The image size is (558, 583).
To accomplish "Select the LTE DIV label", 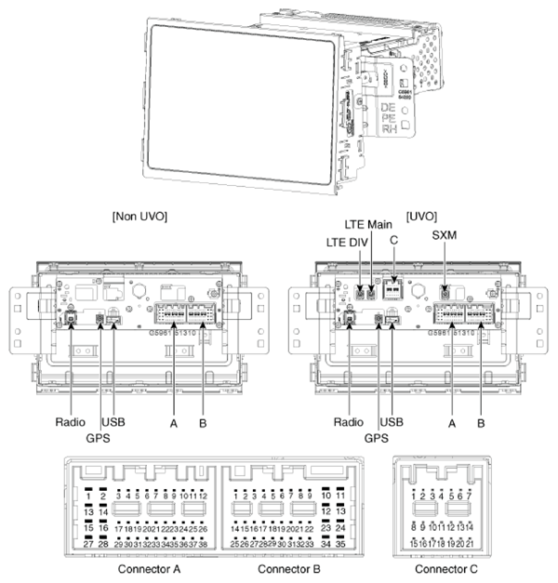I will [x=346, y=243].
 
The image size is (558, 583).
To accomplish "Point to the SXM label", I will [x=445, y=236].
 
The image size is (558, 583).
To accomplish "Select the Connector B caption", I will [x=291, y=568].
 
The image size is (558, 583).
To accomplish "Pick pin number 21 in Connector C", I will [x=473, y=542].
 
